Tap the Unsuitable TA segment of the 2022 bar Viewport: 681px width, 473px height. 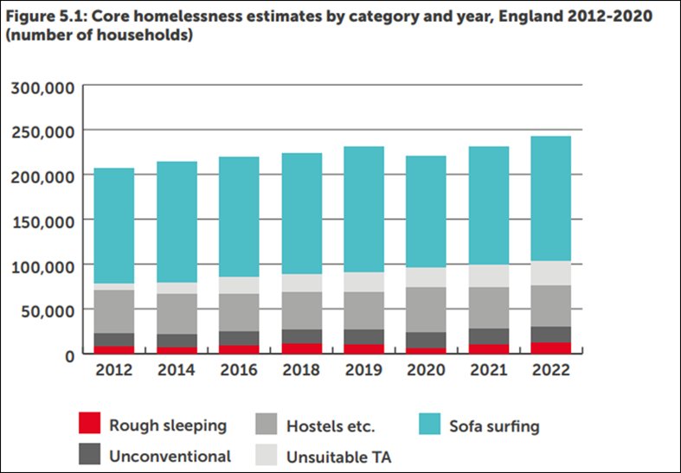[544, 272]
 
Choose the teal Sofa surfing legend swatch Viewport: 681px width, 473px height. [431, 425]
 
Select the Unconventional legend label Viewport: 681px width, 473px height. [170, 456]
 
